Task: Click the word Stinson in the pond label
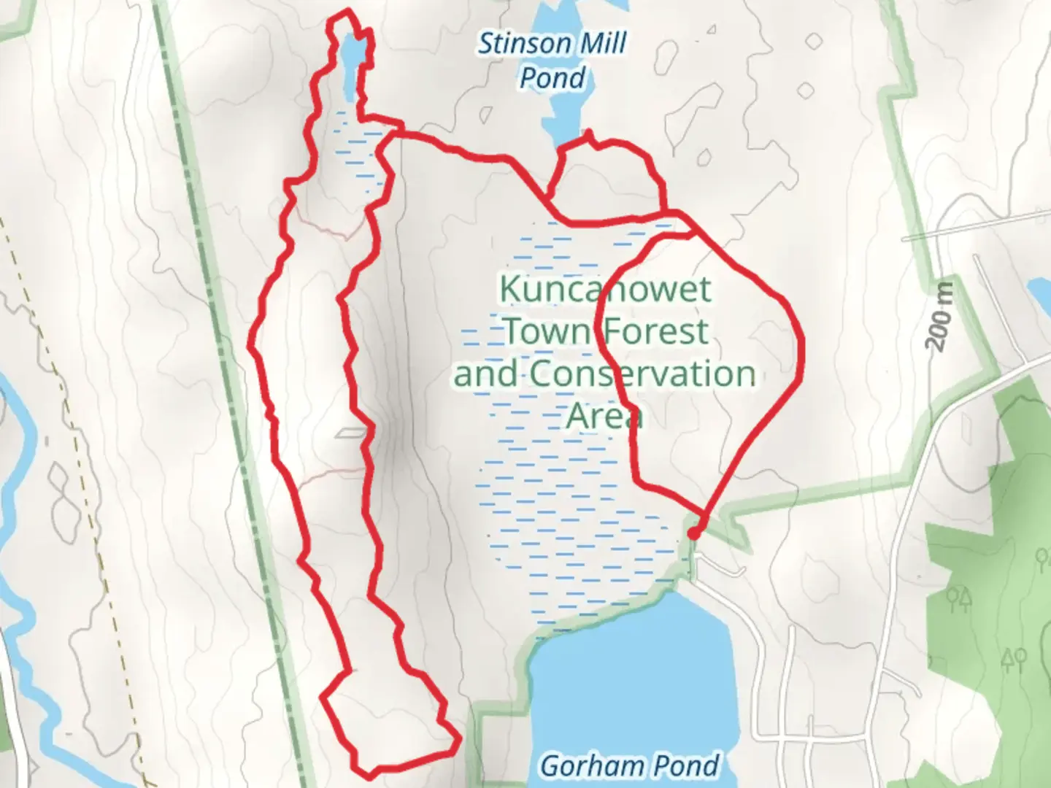pyautogui.click(x=526, y=44)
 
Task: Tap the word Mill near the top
pyautogui.click(x=603, y=44)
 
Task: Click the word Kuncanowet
pyautogui.click(x=604, y=289)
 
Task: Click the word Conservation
pyautogui.click(x=642, y=374)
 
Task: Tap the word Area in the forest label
pyautogui.click(x=604, y=416)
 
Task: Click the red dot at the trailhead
pyautogui.click(x=693, y=534)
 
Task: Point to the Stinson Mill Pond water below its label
pyautogui.click(x=566, y=117)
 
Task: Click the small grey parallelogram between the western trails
pyautogui.click(x=352, y=433)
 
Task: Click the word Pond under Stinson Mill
pyautogui.click(x=553, y=77)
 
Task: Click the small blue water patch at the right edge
pyautogui.click(x=1039, y=292)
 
